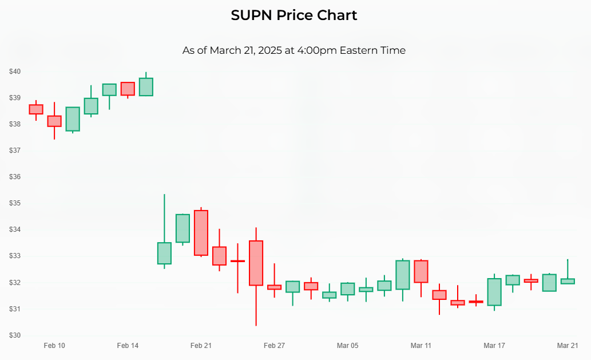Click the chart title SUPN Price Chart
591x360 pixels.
294,15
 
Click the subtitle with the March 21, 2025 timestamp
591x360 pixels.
294,50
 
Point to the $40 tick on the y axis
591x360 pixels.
15,72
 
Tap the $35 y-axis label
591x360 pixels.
15,203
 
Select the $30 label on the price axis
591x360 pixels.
15,335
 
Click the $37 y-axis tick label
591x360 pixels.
15,151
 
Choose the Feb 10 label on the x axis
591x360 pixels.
54,346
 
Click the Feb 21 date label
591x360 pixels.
201,346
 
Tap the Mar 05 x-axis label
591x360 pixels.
347,346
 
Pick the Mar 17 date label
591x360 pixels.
494,346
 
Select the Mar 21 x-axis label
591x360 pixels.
568,346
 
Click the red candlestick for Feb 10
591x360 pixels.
54,121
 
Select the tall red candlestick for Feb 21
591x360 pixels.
201,233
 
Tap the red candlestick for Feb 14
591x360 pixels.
128,89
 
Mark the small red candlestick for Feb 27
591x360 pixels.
274,287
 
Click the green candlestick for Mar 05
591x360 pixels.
347,289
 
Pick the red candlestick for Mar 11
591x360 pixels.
421,271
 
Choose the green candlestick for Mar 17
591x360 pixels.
494,292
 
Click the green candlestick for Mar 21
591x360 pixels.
568,281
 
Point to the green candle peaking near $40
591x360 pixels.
146,87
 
